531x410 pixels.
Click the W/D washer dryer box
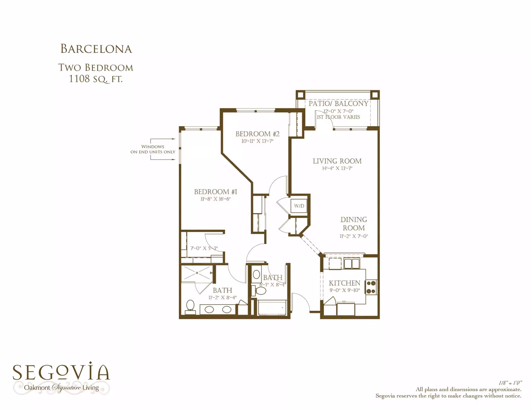299,206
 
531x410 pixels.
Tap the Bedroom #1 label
215,192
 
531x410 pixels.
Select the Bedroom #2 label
257,134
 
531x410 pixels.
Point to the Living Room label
337,161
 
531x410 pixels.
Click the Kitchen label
345,283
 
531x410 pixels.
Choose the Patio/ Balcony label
339,104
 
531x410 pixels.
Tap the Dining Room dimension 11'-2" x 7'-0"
354,236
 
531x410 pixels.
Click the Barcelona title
96,49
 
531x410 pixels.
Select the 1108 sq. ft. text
96,79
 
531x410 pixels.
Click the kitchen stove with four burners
371,287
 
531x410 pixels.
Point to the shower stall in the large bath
197,274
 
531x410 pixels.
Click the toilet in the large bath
190,307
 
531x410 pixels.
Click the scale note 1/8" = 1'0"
510,383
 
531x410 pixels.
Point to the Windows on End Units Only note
153,149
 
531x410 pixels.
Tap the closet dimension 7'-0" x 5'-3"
204,248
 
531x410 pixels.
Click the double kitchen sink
352,264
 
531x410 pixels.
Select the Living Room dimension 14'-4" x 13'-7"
337,168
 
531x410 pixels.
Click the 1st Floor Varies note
338,117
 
